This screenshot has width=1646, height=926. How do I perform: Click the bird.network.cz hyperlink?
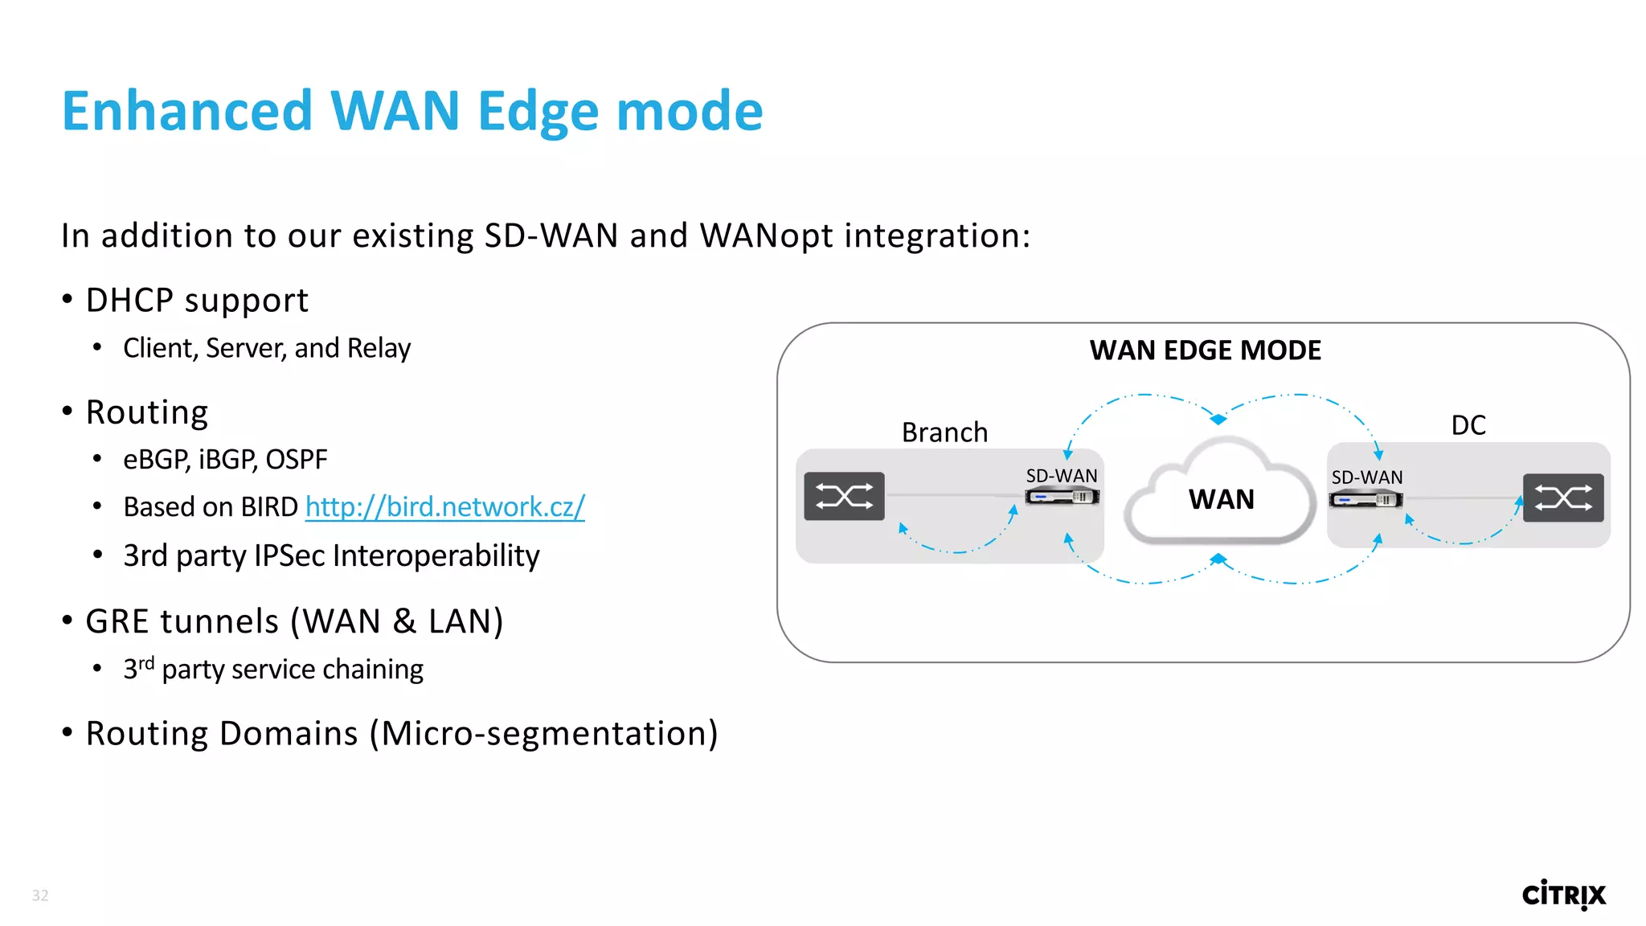pos(444,507)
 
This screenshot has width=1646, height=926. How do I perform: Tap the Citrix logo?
pos(1563,894)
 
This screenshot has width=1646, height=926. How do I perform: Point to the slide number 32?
pos(40,895)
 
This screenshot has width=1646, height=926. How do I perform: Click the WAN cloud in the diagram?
pos(1220,499)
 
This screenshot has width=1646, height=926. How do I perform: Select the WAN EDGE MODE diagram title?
pos(1205,350)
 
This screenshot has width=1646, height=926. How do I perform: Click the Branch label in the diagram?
pos(944,432)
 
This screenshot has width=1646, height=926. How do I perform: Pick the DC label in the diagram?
pos(1468,425)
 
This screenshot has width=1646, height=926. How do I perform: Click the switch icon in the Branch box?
pos(844,496)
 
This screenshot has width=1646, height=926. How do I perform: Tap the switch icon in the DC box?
pos(1562,498)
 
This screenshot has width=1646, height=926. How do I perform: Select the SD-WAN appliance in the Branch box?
pos(1062,497)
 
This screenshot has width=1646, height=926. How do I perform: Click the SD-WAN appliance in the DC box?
pos(1366,499)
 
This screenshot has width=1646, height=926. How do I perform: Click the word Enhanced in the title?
pos(186,111)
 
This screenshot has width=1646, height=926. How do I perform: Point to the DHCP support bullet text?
pos(197,301)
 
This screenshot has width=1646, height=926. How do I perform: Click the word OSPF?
pos(297,460)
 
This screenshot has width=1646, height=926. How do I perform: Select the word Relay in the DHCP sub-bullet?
pos(379,348)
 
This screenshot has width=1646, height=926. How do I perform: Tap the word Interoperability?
pos(436,556)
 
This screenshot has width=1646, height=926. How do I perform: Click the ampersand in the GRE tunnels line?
pos(404,621)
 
